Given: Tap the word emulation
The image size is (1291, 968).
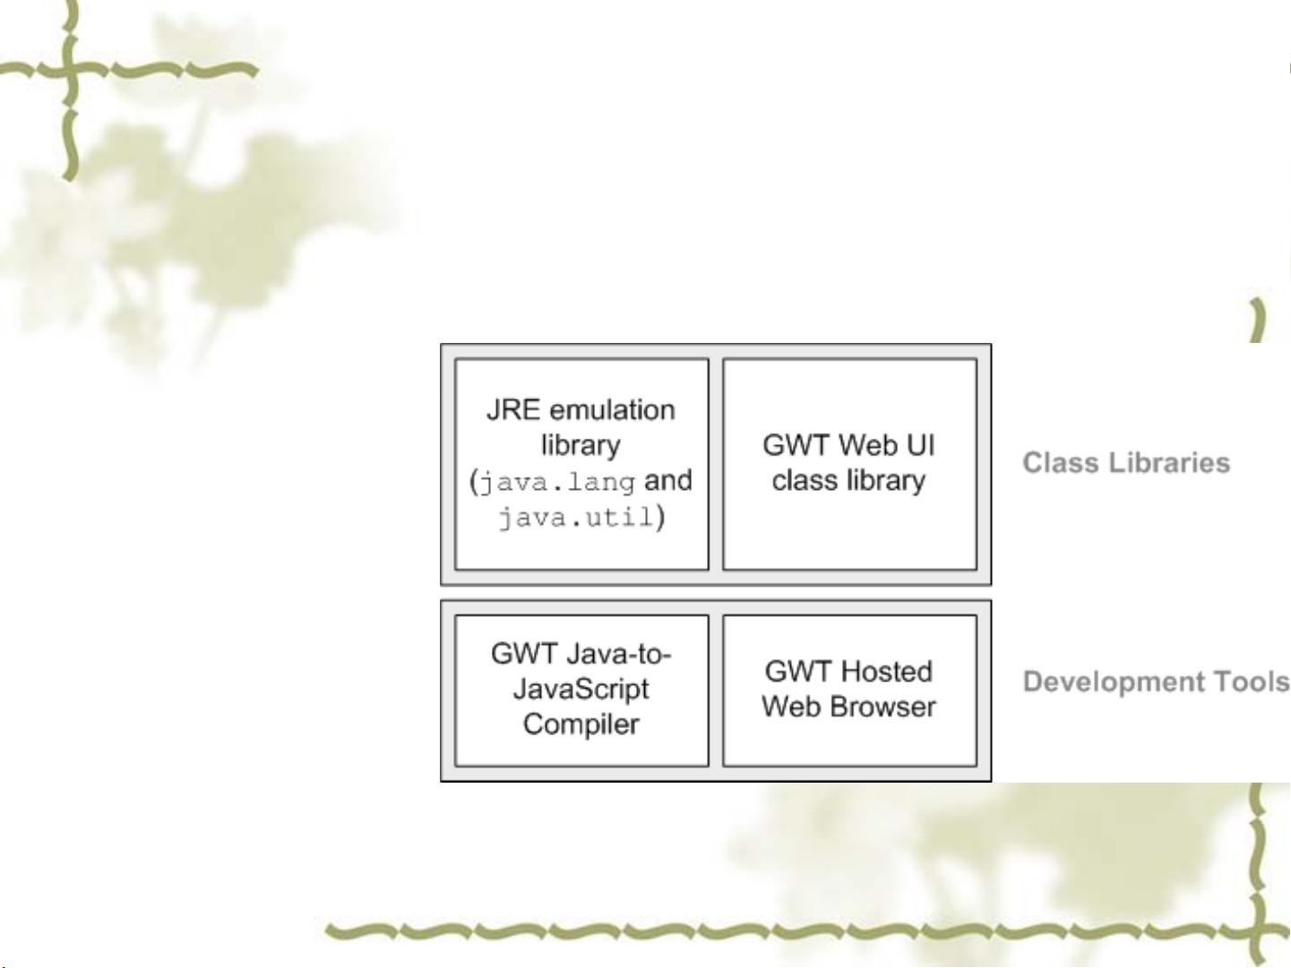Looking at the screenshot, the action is tap(612, 409).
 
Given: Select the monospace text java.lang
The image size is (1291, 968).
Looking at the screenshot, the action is tap(557, 483).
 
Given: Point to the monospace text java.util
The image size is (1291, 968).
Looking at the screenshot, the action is tap(576, 518).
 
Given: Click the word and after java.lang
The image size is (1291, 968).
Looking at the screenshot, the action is tap(668, 480).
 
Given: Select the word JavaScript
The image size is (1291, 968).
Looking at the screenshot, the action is tap(581, 690).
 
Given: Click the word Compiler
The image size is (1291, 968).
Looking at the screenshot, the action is tap(581, 724).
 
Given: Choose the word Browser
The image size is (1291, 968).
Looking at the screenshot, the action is tap(882, 707).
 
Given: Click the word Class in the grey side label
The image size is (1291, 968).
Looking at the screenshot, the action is tap(1054, 463).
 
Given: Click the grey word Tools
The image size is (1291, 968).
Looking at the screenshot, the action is tap(1252, 681).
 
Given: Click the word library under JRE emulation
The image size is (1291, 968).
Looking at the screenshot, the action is tap(581, 446).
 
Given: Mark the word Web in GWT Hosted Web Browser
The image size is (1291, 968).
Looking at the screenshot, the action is tap(791, 707).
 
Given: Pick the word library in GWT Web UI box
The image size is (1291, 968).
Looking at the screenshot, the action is tap(886, 481).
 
